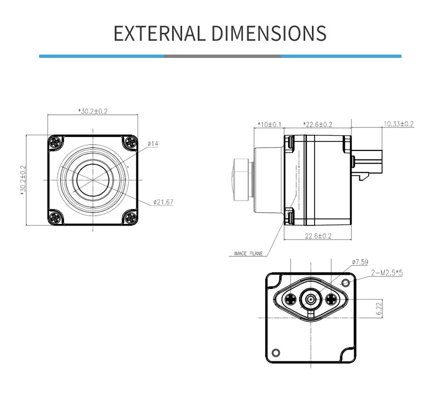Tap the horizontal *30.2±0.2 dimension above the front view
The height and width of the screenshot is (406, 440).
pos(92,111)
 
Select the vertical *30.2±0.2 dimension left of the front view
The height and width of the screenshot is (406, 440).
pos(23,180)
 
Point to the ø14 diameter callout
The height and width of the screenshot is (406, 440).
pos(153,144)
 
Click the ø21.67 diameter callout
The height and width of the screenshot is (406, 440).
pos(163,202)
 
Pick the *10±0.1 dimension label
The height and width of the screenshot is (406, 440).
pos(270,124)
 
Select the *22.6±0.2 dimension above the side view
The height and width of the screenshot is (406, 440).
pos(317,124)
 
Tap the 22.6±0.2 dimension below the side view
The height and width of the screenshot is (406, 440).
pos(318,236)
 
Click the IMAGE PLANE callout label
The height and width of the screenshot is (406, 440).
pos(248,254)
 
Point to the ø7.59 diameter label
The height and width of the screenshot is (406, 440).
pos(360,261)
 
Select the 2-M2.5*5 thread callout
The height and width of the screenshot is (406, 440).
pos(387,274)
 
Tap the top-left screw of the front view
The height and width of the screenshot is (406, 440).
pos(55,141)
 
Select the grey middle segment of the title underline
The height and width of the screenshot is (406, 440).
pos(222,56)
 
